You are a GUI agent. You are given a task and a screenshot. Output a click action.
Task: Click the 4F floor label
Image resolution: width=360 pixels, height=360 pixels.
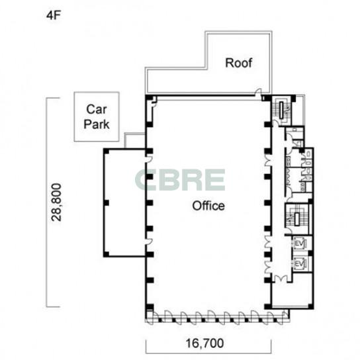(53, 16)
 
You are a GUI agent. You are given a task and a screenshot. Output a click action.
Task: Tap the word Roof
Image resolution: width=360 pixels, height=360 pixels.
(238, 63)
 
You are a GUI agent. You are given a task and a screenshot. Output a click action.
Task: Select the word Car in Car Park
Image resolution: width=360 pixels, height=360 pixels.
(97, 109)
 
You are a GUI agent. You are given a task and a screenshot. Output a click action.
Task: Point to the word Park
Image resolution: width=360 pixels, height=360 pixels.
(97, 124)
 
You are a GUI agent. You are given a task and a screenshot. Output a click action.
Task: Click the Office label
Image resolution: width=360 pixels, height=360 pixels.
(208, 206)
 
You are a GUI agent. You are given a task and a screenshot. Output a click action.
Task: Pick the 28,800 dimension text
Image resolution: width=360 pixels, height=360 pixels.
(56, 202)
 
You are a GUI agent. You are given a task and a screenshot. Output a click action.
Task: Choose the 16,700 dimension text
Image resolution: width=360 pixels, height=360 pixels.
(204, 343)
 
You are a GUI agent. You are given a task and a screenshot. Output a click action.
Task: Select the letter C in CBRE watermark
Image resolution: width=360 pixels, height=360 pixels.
(144, 180)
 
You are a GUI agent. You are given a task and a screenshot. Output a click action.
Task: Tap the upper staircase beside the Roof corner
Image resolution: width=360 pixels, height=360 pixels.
(282, 111)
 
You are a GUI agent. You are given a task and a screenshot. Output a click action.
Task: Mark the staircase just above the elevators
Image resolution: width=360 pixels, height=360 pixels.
(297, 219)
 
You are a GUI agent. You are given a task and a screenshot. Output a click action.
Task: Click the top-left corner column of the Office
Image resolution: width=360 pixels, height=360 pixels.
(150, 98)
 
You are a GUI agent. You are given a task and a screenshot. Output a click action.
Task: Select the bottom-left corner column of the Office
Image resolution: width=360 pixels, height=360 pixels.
(150, 307)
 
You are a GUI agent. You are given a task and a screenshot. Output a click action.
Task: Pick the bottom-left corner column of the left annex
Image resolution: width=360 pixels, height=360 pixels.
(107, 254)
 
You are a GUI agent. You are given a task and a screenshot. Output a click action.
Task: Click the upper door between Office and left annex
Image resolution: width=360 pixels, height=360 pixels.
(150, 158)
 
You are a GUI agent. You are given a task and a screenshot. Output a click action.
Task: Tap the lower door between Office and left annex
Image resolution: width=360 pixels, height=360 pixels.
(150, 242)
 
